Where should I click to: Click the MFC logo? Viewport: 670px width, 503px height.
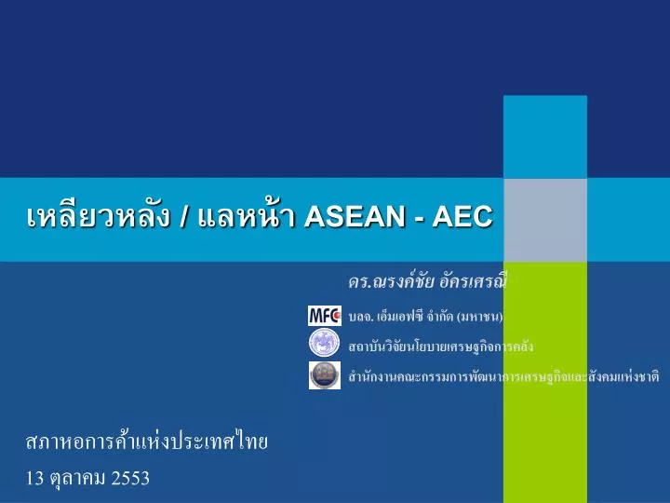pos(325,316)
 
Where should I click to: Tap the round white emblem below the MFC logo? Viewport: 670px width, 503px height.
pos(325,345)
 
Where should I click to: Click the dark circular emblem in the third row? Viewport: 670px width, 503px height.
pos(325,374)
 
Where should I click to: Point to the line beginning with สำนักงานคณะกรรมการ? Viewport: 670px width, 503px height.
pos(502,376)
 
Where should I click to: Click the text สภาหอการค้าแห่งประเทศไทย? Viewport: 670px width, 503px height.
pos(147,441)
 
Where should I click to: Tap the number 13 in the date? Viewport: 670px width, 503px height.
pos(35,479)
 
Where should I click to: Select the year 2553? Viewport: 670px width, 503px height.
pos(129,479)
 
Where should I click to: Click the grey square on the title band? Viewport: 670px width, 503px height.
pos(544,220)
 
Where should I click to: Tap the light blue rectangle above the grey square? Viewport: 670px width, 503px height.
pos(544,136)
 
